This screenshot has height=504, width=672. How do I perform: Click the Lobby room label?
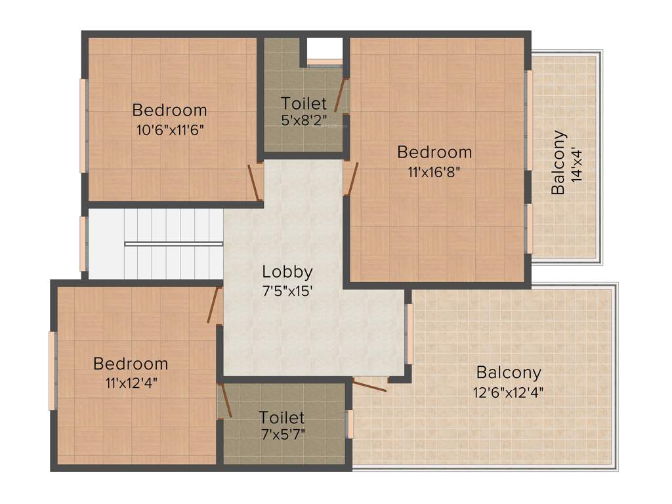[287, 271]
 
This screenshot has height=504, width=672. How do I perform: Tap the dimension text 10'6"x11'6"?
[171, 129]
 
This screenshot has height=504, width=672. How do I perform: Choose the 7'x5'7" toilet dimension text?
[282, 434]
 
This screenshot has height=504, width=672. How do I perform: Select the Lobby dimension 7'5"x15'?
[287, 289]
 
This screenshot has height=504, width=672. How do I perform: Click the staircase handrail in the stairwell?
[173, 243]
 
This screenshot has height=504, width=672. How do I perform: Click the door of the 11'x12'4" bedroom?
[213, 305]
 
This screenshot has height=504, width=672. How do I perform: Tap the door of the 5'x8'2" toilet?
[341, 94]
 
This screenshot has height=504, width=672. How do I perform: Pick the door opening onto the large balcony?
[369, 385]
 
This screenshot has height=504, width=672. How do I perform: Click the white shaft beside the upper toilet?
[325, 49]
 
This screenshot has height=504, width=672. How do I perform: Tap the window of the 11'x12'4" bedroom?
[52, 371]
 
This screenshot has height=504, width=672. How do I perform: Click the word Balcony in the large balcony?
[509, 373]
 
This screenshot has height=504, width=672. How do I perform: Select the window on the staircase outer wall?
[83, 243]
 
